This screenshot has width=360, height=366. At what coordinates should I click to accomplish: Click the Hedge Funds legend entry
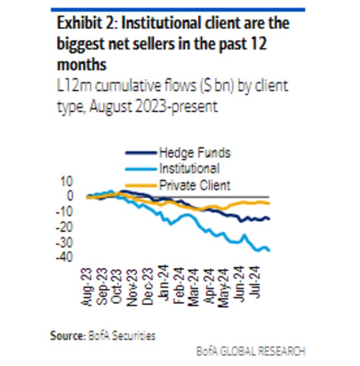coord(194,153)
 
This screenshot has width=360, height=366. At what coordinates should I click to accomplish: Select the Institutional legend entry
coord(188,169)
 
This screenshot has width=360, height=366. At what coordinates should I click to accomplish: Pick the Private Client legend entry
coord(194,185)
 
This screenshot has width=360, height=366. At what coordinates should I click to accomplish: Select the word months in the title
coord(82,65)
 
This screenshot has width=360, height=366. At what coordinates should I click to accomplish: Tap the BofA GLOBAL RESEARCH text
coord(250,351)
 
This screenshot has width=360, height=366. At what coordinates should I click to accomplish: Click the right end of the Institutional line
coord(269,250)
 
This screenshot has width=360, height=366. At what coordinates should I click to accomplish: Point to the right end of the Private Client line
coord(269,204)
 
